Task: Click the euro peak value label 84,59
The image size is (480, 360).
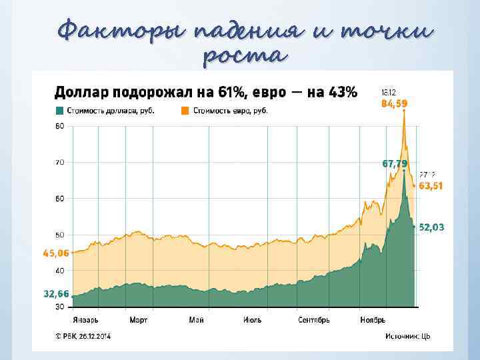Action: click(394, 104)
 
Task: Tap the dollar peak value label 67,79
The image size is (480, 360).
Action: click(395, 163)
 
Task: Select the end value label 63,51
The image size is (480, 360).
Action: click(431, 186)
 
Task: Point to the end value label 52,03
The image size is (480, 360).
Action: click(431, 227)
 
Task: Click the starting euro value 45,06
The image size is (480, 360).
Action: click(56, 253)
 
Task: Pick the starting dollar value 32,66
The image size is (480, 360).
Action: click(56, 293)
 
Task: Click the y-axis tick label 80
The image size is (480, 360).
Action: click(59, 125)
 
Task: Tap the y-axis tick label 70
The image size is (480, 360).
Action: click(59, 162)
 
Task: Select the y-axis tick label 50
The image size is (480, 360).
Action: click(59, 235)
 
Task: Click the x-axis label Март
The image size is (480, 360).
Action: click(138, 320)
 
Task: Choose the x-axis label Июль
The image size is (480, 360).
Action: click(251, 320)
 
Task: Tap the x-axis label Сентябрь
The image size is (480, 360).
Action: click(313, 320)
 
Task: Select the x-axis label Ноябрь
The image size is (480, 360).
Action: click(372, 320)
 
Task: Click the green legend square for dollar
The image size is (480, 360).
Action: click(59, 111)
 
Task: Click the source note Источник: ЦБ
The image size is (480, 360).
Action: click(407, 336)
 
